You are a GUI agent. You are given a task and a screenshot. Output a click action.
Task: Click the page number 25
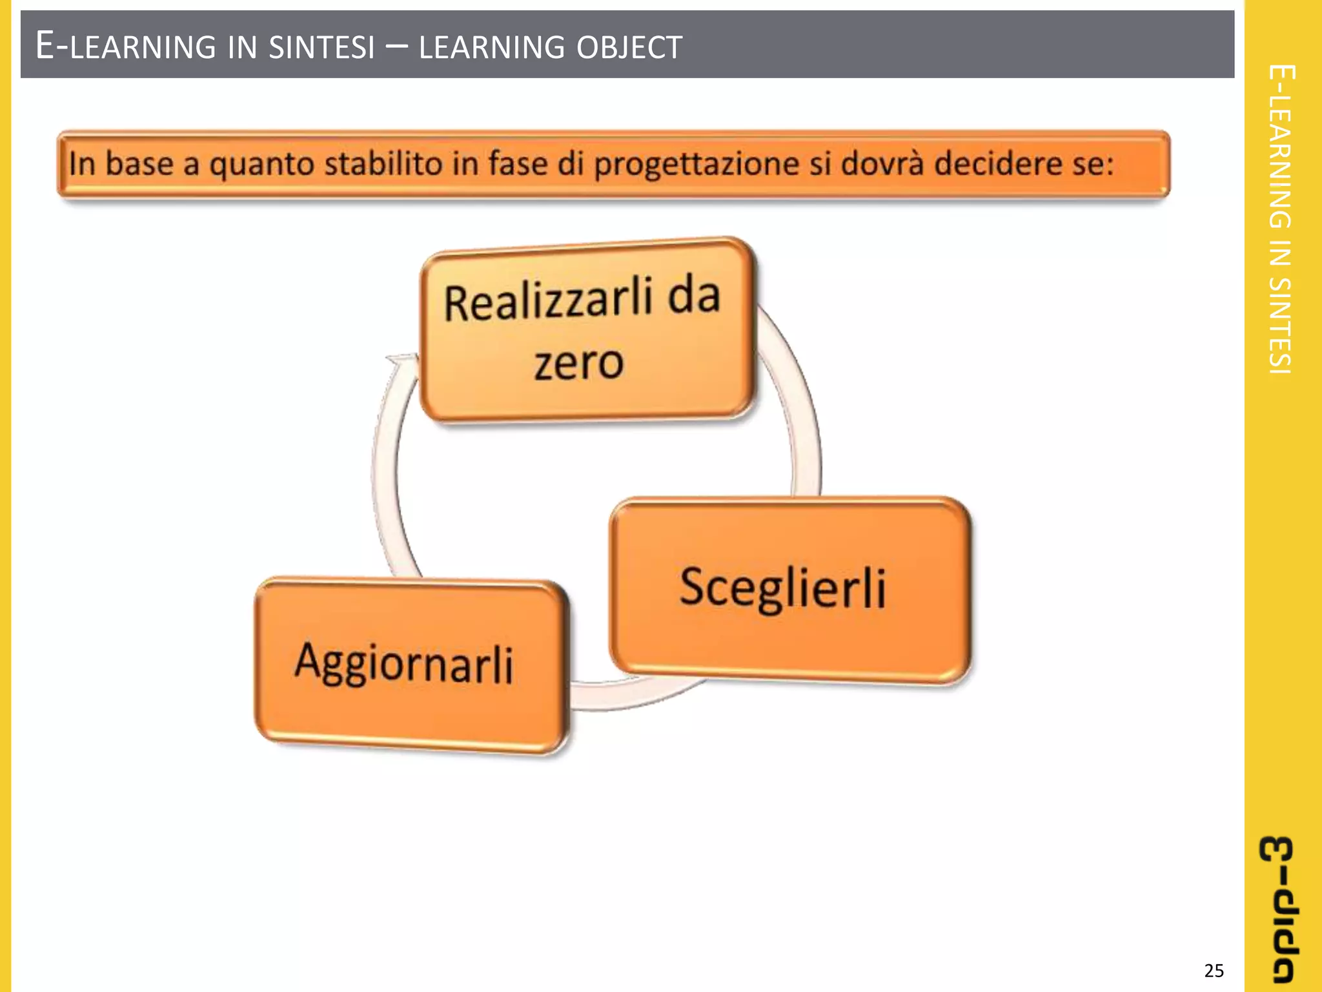pyautogui.click(x=1214, y=971)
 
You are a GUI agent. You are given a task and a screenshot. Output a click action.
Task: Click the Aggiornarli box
pyautogui.click(x=412, y=665)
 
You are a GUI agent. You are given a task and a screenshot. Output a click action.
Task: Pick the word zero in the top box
pyautogui.click(x=578, y=363)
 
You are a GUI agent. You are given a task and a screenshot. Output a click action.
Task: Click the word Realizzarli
pyautogui.click(x=547, y=301)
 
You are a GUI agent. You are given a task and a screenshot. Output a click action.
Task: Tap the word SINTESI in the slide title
pyautogui.click(x=321, y=47)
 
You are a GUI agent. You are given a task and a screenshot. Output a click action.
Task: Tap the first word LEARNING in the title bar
pyautogui.click(x=143, y=47)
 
